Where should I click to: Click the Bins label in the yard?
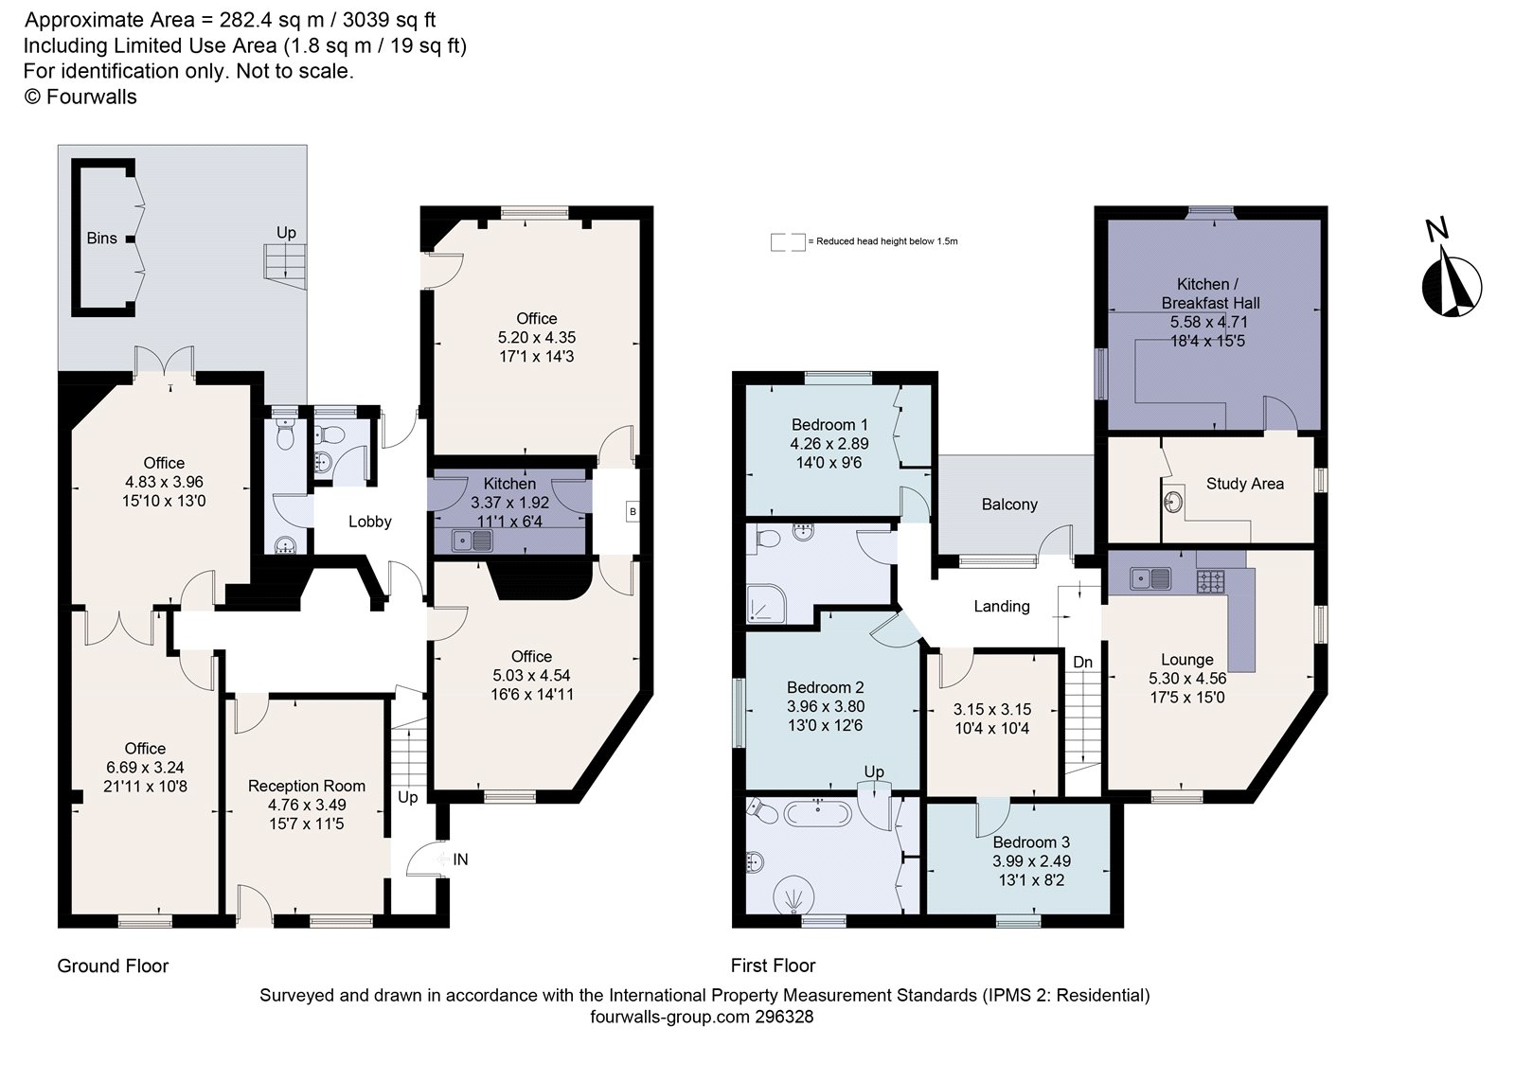click(x=101, y=238)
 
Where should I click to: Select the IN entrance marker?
click(x=460, y=859)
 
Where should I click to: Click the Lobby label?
click(x=369, y=522)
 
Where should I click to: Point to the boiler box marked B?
click(x=632, y=512)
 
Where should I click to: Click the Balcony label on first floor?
click(x=1009, y=505)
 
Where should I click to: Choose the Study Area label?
click(x=1244, y=484)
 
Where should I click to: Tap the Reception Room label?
click(x=306, y=786)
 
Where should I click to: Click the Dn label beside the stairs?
click(x=1082, y=662)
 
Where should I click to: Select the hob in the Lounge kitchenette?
click(x=1211, y=580)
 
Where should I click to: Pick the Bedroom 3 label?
click(x=1031, y=842)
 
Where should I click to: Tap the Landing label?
click(x=1001, y=606)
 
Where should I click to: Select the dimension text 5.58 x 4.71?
click(x=1209, y=322)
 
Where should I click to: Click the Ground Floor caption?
click(x=113, y=966)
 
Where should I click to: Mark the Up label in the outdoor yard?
click(x=286, y=232)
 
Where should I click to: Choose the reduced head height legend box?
click(x=787, y=241)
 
